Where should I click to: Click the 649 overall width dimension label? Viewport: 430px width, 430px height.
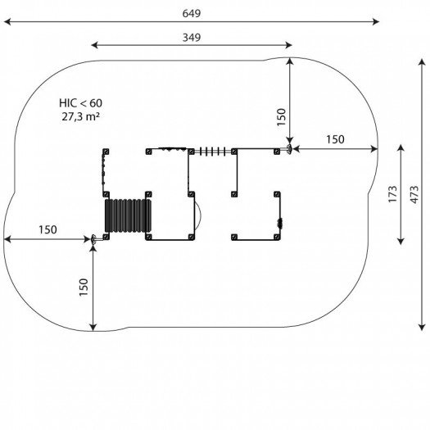coord(192,13)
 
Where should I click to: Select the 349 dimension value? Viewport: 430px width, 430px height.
coord(192,38)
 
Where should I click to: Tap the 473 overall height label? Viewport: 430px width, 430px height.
coord(414,194)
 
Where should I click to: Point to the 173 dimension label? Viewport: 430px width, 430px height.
coord(392,194)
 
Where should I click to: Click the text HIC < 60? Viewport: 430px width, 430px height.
coord(80,103)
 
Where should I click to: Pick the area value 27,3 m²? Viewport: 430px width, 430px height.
coord(80,116)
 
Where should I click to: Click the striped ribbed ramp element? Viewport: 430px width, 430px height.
coord(128,216)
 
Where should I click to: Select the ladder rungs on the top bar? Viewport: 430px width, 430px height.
coord(213,152)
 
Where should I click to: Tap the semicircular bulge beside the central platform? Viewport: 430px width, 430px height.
coord(198,216)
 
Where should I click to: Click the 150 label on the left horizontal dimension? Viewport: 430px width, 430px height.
coord(48,230)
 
